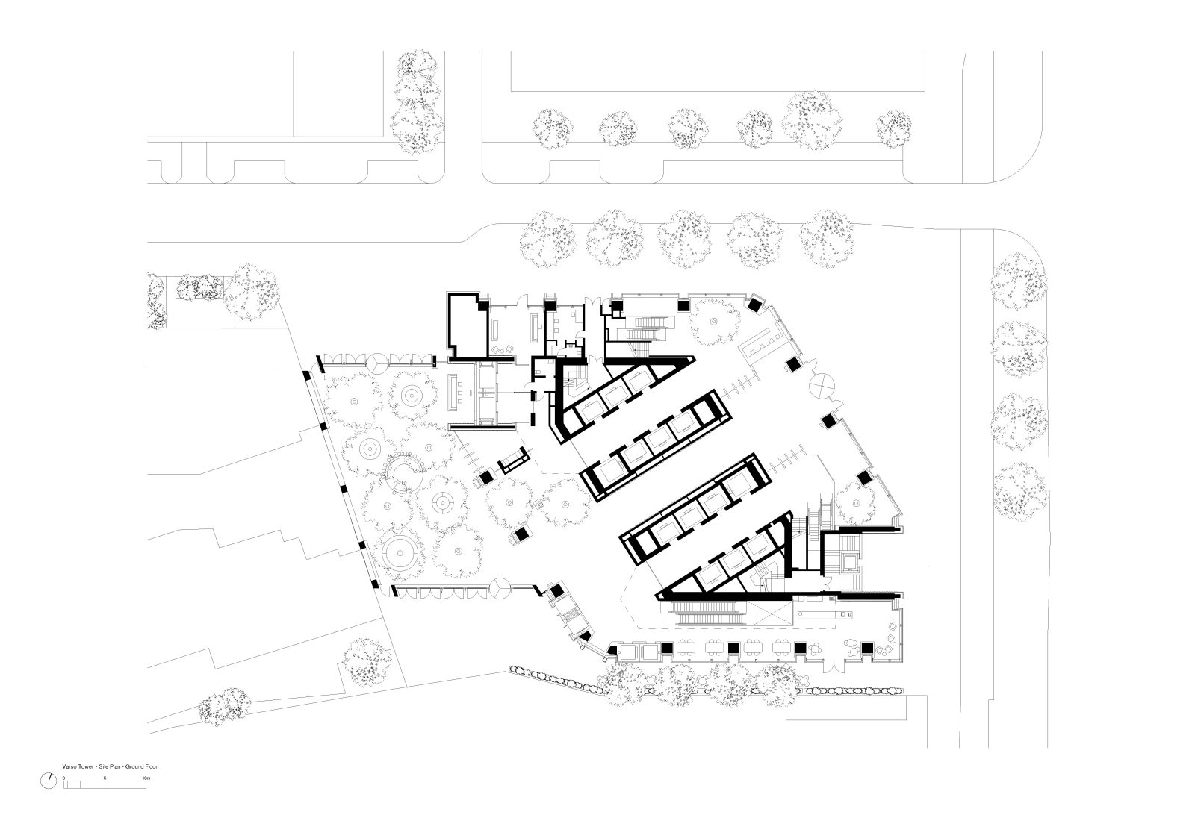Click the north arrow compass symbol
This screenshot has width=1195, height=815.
coord(49,781)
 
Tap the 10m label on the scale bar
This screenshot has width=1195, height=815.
coord(146,778)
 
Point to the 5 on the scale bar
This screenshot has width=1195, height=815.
coord(105,778)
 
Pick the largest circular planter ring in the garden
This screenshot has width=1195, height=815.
coord(399,553)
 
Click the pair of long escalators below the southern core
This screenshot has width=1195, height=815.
coord(710,613)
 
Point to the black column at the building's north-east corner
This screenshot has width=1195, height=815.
coord(754,305)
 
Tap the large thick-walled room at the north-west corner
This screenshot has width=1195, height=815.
coord(468,325)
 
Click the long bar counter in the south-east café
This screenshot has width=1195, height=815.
coord(826,614)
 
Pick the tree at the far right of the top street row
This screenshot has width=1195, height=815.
coord(893,128)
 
